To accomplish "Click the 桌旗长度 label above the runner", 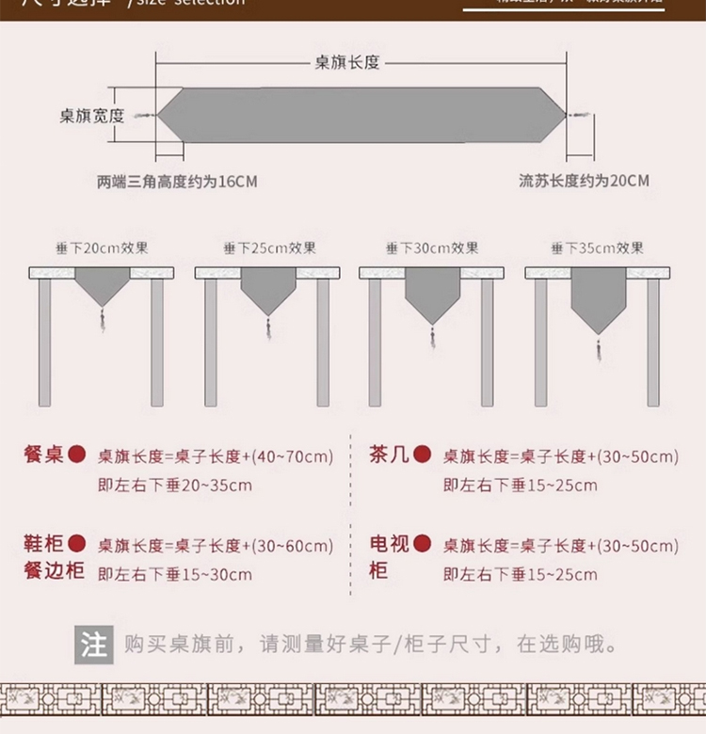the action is tap(346, 62).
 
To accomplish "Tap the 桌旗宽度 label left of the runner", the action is tap(92, 115).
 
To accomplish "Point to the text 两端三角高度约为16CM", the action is tap(176, 182).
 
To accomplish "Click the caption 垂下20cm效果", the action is tap(102, 248).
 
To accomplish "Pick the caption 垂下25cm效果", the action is tap(270, 248).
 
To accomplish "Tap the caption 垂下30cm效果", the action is tap(433, 248).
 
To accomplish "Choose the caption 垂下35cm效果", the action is tap(598, 248).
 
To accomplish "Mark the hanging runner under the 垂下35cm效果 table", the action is tap(598, 296).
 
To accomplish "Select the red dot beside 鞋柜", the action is tap(77, 543).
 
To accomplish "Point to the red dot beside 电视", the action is tap(423, 543).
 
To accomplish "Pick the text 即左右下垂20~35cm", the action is tap(175, 486).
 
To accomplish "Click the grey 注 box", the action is tap(93, 646).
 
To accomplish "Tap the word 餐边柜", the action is tap(55, 572).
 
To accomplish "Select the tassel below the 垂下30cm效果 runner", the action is tap(433, 336).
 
